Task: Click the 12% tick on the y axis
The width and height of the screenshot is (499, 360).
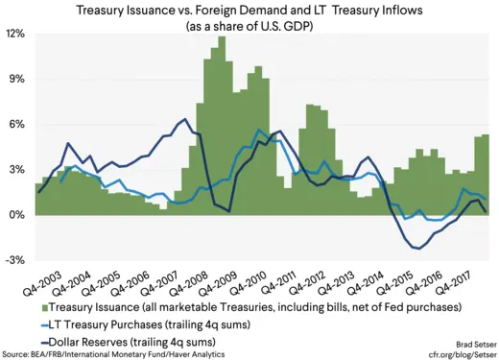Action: (17, 34)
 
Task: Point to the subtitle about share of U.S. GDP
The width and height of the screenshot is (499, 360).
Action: (249, 26)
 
